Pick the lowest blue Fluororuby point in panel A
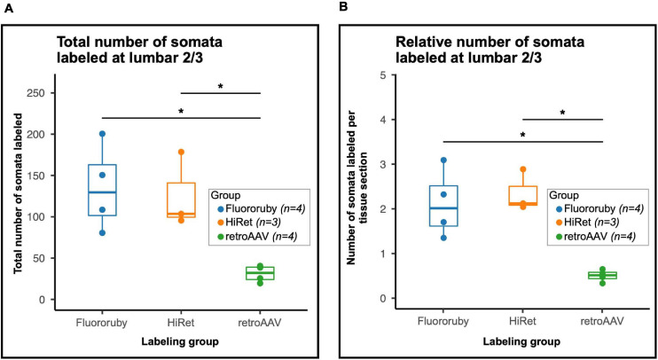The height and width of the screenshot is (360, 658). (x=103, y=233)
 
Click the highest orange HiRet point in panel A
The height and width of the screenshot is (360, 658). (x=181, y=153)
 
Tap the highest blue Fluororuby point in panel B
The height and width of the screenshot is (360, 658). (x=444, y=160)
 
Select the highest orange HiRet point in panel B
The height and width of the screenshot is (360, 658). (x=523, y=168)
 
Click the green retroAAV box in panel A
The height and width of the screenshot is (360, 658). (x=259, y=273)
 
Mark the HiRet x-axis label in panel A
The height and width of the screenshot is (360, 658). (x=181, y=319)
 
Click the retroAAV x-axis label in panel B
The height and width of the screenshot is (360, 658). (x=601, y=319)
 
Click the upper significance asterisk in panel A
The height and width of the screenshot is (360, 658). (x=220, y=85)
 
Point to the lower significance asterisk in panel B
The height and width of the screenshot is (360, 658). (x=522, y=135)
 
